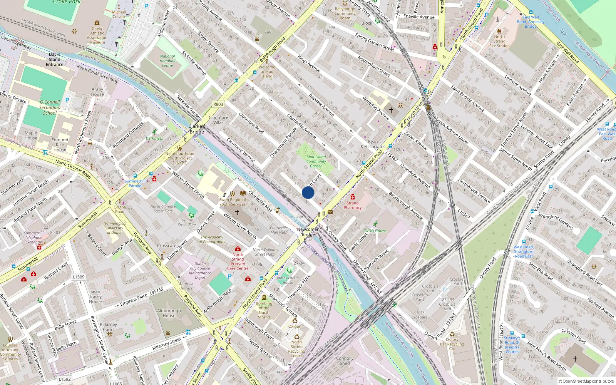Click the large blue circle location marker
coord(308,192)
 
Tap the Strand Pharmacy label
coord(352,205)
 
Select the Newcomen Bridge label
coord(308,232)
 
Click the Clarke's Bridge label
coord(197,129)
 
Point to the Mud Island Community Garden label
coord(316,161)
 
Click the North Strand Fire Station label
coord(499,41)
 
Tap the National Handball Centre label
coord(167,61)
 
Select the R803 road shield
coord(218,104)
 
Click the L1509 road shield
coord(79,277)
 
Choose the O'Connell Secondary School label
coord(50,107)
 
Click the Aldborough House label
coord(169,313)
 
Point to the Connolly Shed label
coord(345,360)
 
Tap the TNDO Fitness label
coord(375,231)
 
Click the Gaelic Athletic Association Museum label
coord(97,35)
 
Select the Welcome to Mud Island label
coord(266,72)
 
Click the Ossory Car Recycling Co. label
coord(452,344)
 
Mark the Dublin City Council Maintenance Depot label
coord(200,271)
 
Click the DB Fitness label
coord(154,138)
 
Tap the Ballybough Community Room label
coord(345,13)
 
